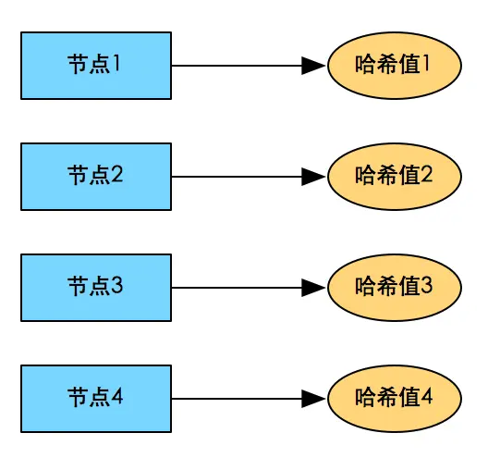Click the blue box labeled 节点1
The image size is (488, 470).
pos(96,65)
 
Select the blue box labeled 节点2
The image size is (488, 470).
pos(96,176)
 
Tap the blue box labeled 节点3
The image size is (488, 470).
pos(96,287)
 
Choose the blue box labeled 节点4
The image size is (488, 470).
pos(96,398)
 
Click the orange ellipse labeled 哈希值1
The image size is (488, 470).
pos(394,65)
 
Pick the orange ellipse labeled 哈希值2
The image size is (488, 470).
pos(394,176)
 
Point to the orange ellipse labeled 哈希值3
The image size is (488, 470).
pos(394,287)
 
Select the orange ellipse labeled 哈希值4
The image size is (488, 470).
pos(394,398)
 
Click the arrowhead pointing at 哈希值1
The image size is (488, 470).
pos(314,66)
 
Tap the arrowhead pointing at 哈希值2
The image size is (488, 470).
pos(314,177)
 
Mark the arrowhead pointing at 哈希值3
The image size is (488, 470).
pos(314,288)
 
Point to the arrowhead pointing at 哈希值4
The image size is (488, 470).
pos(314,399)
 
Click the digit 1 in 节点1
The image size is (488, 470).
pos(118,65)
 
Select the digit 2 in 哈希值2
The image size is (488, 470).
pos(426,175)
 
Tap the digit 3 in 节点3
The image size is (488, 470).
pos(118,287)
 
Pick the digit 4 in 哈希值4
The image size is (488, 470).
pos(426,397)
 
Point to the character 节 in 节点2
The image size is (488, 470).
pos(78,176)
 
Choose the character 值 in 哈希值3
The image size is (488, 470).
pos(408,286)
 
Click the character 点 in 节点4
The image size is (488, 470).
pos(100,398)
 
